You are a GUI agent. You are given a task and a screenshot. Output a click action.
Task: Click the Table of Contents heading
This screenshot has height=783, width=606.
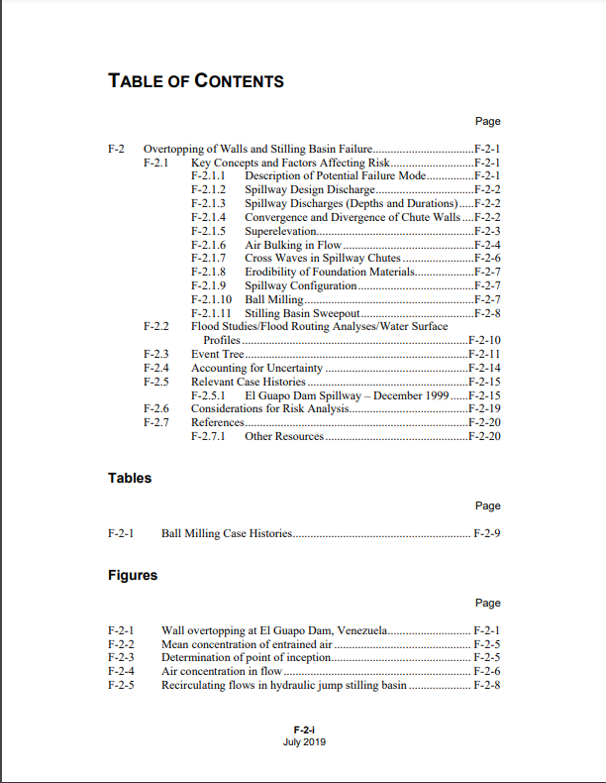click(196, 81)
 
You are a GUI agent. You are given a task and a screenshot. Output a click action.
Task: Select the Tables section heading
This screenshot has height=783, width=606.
click(130, 478)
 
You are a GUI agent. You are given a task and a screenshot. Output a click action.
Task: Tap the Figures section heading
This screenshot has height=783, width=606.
click(132, 575)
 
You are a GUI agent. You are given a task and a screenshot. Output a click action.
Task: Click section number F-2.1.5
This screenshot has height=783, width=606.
click(209, 231)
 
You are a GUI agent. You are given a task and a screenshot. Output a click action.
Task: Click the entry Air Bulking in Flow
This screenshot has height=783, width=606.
click(293, 245)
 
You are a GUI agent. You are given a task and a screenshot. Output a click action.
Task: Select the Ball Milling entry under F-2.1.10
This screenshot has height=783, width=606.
click(274, 299)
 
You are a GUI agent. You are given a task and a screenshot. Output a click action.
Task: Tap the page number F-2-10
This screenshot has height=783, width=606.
click(484, 340)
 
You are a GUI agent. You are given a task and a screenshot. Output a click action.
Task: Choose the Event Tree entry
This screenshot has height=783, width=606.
click(217, 354)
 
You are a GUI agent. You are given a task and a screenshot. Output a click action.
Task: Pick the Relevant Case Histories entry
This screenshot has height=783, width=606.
click(249, 382)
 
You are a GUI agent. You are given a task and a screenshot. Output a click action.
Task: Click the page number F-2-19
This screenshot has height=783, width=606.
click(484, 408)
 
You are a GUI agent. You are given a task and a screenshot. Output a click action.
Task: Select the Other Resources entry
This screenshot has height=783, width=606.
click(284, 436)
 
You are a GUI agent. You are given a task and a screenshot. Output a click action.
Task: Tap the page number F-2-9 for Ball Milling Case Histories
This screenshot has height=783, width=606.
click(487, 533)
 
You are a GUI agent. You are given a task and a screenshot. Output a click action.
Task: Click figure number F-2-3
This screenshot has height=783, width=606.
click(121, 657)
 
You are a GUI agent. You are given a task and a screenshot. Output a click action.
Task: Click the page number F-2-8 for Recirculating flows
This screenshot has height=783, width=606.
click(487, 685)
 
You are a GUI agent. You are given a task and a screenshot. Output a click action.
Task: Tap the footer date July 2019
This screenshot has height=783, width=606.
click(304, 741)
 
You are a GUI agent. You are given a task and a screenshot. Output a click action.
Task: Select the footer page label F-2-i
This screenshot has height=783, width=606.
click(304, 729)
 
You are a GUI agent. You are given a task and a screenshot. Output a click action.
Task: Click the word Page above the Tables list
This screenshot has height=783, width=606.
click(488, 505)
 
